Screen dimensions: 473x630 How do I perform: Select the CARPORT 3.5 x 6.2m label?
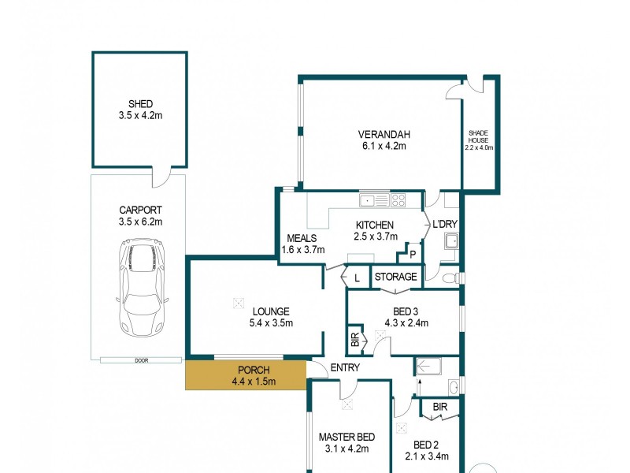(140, 216)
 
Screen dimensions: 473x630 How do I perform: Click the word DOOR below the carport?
(141, 360)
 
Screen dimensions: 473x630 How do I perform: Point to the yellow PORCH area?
(246, 376)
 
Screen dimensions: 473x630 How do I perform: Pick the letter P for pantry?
(412, 255)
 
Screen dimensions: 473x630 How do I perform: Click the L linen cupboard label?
(357, 277)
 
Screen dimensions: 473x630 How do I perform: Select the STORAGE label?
(395, 277)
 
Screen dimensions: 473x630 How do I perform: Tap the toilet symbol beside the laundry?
(449, 277)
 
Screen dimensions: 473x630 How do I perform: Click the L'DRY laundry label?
(445, 225)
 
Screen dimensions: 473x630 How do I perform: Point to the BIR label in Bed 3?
(354, 340)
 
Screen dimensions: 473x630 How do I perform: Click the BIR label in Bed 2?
(440, 407)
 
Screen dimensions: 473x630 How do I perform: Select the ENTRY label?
(345, 367)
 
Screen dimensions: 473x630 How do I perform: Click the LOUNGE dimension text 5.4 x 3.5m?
(271, 322)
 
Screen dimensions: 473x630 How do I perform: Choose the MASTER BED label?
(346, 437)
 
